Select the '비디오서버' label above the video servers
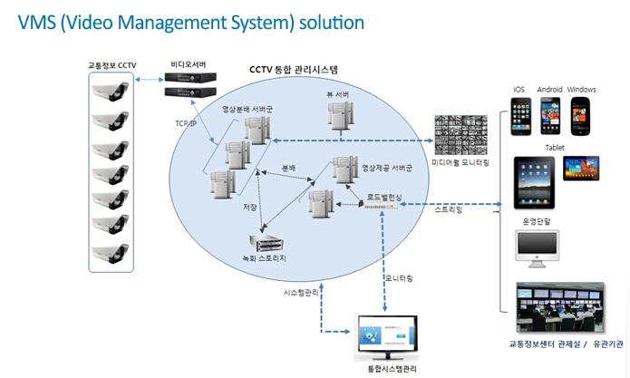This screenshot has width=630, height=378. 188,63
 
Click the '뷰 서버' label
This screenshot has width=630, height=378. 338,93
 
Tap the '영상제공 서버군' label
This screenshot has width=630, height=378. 387,168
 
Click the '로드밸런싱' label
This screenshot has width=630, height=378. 385,195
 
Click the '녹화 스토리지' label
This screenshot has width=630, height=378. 266,258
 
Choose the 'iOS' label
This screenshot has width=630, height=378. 519,89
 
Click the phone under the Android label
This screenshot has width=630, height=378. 549,114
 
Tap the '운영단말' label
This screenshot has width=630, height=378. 536,219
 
